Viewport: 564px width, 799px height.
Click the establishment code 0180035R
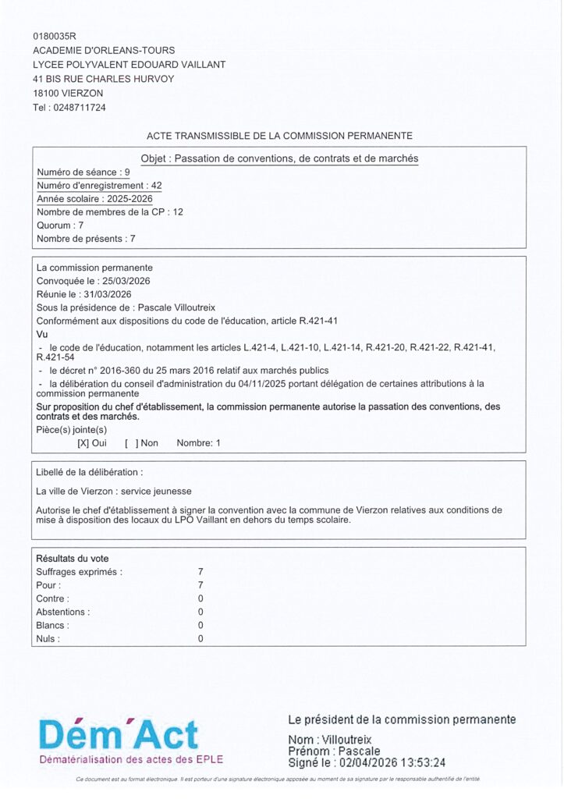[x=55, y=36]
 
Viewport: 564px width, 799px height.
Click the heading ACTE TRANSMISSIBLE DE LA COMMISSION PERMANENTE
[x=279, y=136]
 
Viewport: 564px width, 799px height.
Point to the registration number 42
[x=157, y=186]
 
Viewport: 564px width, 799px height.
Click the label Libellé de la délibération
[x=89, y=473]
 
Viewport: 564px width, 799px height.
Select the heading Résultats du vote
[x=73, y=559]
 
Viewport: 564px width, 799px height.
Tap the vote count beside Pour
[x=200, y=585]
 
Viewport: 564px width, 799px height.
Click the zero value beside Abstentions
[x=200, y=612]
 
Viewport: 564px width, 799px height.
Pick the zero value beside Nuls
[x=200, y=639]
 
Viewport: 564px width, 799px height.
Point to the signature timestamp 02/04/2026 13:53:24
[x=398, y=763]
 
